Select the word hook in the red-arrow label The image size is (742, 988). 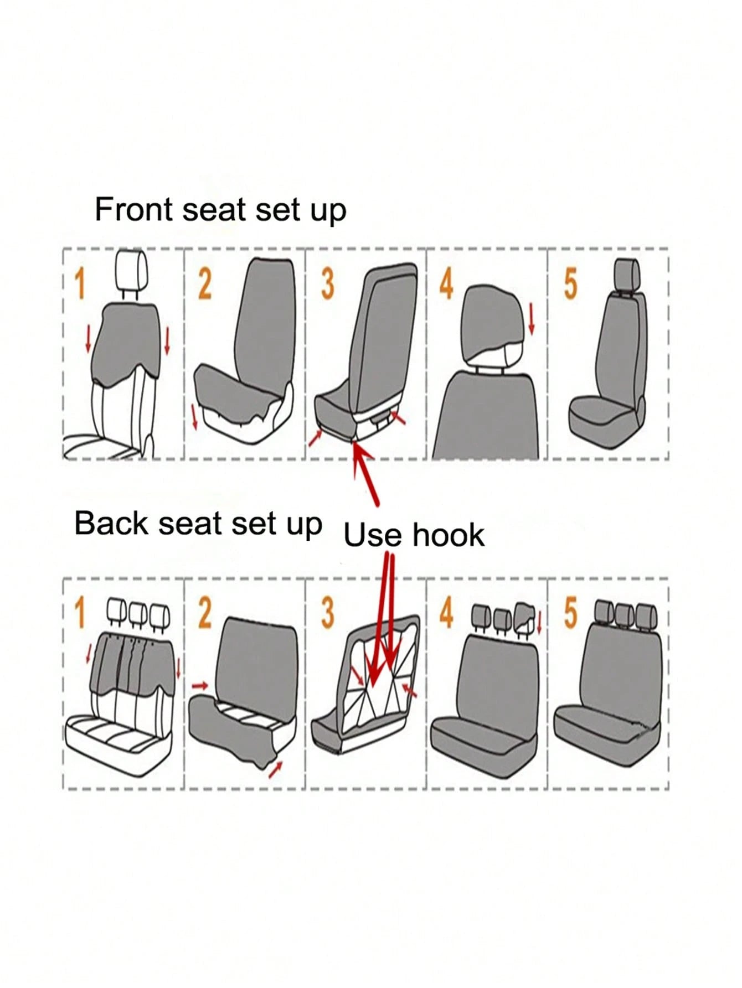449,535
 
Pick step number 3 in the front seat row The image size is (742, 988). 327,283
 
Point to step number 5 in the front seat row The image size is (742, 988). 570,283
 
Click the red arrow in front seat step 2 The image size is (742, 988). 194,416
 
